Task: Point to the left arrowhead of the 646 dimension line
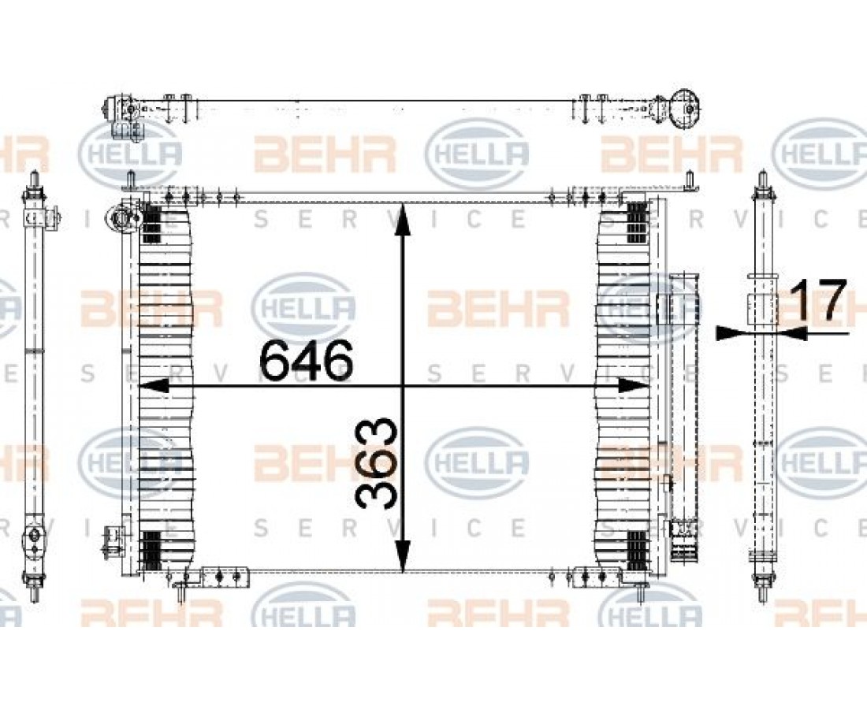click(154, 386)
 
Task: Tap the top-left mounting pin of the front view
click(132, 180)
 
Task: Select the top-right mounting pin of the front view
click(690, 180)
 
